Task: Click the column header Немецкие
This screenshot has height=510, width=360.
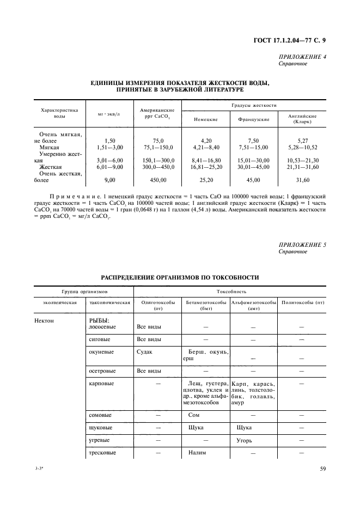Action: pyautogui.click(x=206, y=119)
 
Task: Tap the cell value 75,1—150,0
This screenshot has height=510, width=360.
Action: pyautogui.click(x=157, y=147)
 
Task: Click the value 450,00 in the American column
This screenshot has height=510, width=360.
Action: pyautogui.click(x=157, y=179)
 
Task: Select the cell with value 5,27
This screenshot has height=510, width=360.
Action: pyautogui.click(x=301, y=141)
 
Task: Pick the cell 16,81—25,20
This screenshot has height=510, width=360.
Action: pyautogui.click(x=206, y=167)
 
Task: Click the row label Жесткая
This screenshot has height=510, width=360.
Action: pyautogui.click(x=50, y=167)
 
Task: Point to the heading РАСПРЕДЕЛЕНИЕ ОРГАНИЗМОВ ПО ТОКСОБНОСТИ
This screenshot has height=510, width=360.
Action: pyautogui.click(x=180, y=278)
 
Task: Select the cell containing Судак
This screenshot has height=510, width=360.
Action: pyautogui.click(x=144, y=352)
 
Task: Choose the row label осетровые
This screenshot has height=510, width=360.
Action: pyautogui.click(x=102, y=371)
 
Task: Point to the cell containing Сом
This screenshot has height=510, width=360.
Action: pyautogui.click(x=194, y=415)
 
